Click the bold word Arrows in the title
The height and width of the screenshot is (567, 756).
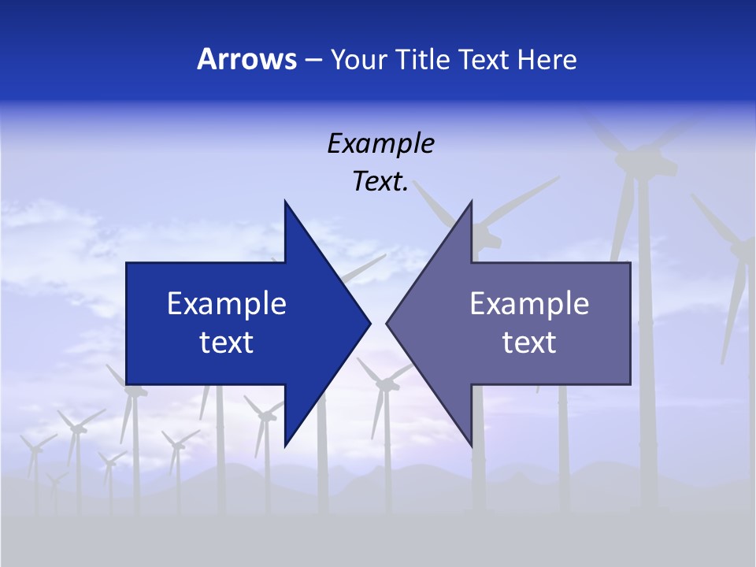coord(246,59)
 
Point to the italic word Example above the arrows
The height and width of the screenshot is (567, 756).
coord(380,144)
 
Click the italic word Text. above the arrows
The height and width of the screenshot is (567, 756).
coord(380,181)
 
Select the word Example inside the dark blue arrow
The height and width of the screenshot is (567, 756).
coord(227,304)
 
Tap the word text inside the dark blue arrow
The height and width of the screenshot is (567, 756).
coord(227,343)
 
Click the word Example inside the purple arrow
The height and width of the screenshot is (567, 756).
coord(529,304)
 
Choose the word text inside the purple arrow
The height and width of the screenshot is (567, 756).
coord(529,343)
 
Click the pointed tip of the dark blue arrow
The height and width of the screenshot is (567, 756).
coord(369,323)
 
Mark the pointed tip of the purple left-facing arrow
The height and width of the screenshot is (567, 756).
coord(387,323)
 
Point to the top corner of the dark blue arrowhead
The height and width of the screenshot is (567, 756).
coord(285,201)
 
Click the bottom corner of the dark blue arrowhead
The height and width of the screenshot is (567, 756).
coord(285,446)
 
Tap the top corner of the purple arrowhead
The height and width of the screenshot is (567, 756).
coord(471,201)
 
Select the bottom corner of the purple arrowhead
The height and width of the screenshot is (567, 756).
coord(471,446)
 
